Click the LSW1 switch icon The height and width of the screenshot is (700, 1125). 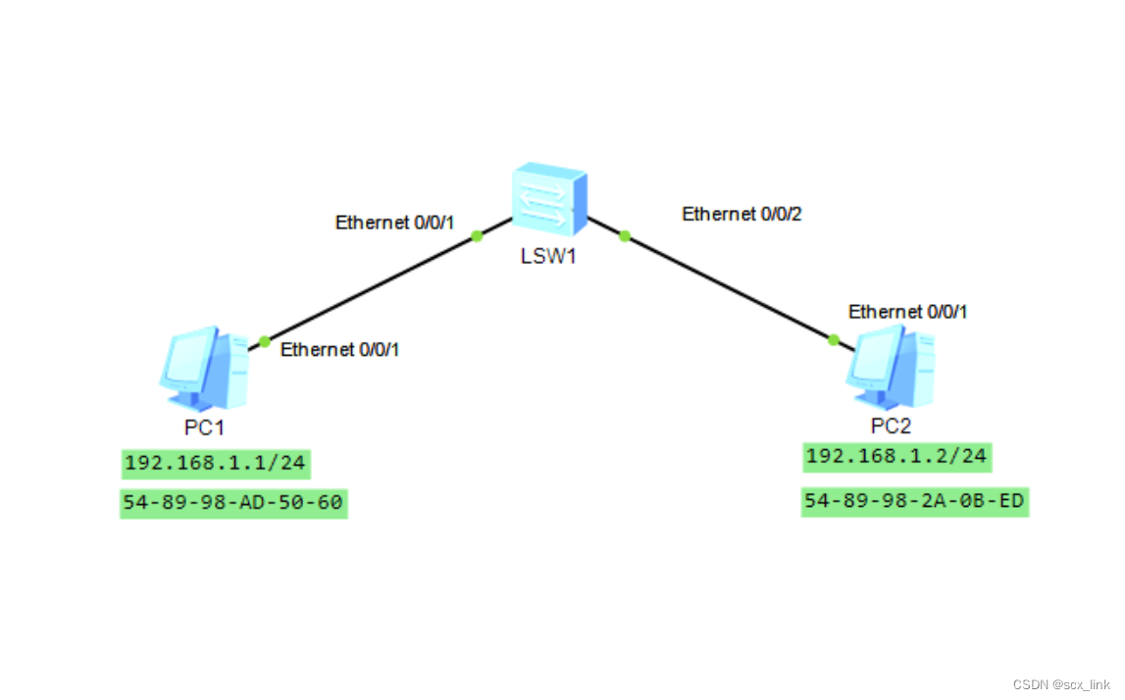548,202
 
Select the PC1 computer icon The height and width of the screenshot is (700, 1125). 204,368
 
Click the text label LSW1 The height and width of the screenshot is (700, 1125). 546,259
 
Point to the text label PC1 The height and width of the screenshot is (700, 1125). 205,427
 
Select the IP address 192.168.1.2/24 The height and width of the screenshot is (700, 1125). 896,455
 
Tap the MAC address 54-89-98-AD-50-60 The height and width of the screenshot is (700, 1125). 233,504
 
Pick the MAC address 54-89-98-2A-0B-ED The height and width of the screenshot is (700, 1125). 914,502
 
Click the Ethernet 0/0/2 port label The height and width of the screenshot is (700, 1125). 741,214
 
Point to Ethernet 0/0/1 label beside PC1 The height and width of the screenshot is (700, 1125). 340,350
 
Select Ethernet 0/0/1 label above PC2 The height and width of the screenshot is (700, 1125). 908,312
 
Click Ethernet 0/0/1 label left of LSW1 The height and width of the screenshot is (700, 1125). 394,223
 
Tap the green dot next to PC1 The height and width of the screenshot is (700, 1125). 264,341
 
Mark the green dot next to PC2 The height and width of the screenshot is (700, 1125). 834,340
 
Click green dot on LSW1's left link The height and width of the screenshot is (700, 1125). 477,235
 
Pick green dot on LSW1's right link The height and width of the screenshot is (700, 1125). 624,235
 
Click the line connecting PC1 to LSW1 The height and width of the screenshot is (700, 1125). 371,288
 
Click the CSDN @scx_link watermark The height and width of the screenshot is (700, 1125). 1062,684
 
